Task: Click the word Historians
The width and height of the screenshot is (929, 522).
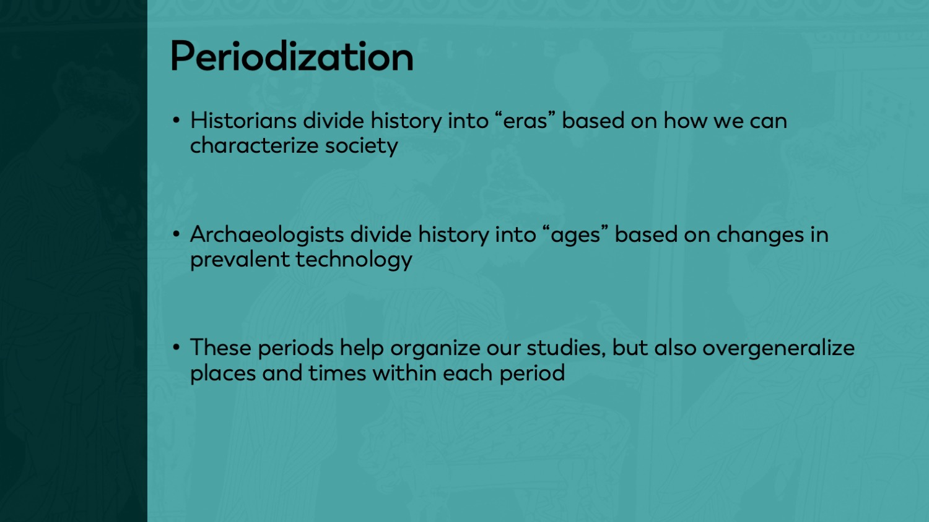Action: tap(243, 121)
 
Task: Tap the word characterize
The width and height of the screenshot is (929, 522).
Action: tap(254, 146)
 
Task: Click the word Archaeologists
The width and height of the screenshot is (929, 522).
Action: tap(267, 235)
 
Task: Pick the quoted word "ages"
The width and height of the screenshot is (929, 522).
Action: tap(575, 235)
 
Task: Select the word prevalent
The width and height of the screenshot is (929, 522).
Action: tap(240, 260)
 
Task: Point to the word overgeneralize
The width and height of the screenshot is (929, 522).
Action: tap(779, 348)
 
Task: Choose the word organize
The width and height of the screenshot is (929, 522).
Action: tap(435, 348)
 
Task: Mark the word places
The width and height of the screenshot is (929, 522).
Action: tap(223, 374)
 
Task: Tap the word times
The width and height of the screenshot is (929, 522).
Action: tap(337, 373)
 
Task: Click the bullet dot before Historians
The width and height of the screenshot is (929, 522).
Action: tap(177, 121)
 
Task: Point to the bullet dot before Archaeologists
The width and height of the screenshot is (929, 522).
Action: tap(177, 234)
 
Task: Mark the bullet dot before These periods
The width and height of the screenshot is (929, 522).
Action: tap(177, 348)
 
